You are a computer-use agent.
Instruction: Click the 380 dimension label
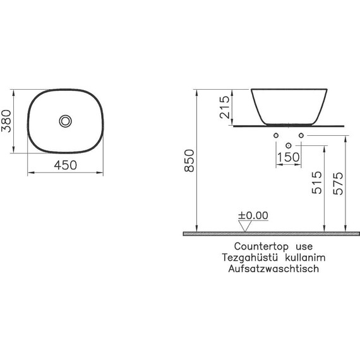tap(8, 120)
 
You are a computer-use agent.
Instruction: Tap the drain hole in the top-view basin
tap(65, 120)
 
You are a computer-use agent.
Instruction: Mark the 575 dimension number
tap(339, 183)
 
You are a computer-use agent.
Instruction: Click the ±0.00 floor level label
tap(253, 215)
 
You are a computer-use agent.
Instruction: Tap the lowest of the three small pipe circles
tap(289, 145)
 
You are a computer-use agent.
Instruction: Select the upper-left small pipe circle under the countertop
tap(277, 136)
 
